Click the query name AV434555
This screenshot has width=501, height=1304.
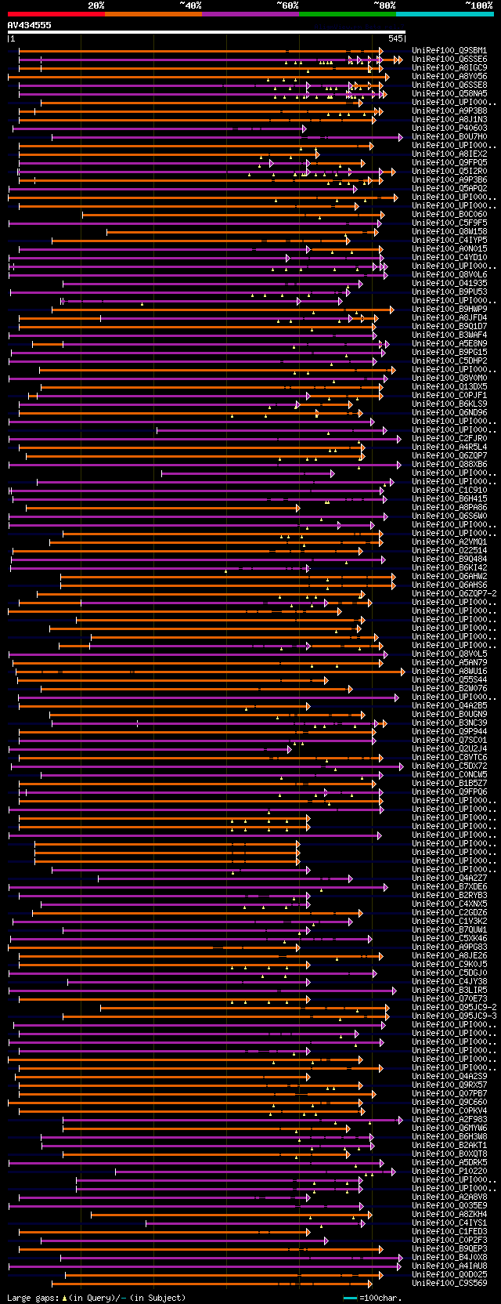pyautogui.click(x=30, y=25)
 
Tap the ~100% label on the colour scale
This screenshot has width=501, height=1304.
pyautogui.click(x=478, y=5)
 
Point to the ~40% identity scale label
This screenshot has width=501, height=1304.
pyautogui.click(x=190, y=5)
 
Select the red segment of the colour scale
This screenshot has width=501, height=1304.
pyautogui.click(x=56, y=13)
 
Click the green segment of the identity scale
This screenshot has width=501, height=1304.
pyautogui.click(x=347, y=13)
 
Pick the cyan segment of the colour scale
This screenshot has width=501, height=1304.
pyautogui.click(x=444, y=13)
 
